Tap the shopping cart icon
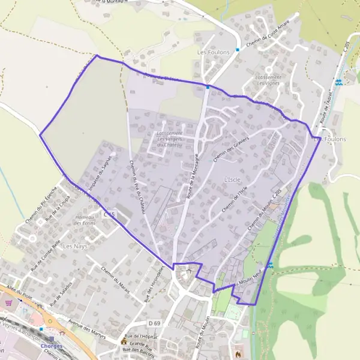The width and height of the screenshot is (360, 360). [8, 303]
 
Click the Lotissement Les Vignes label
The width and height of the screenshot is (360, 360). [268, 80]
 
